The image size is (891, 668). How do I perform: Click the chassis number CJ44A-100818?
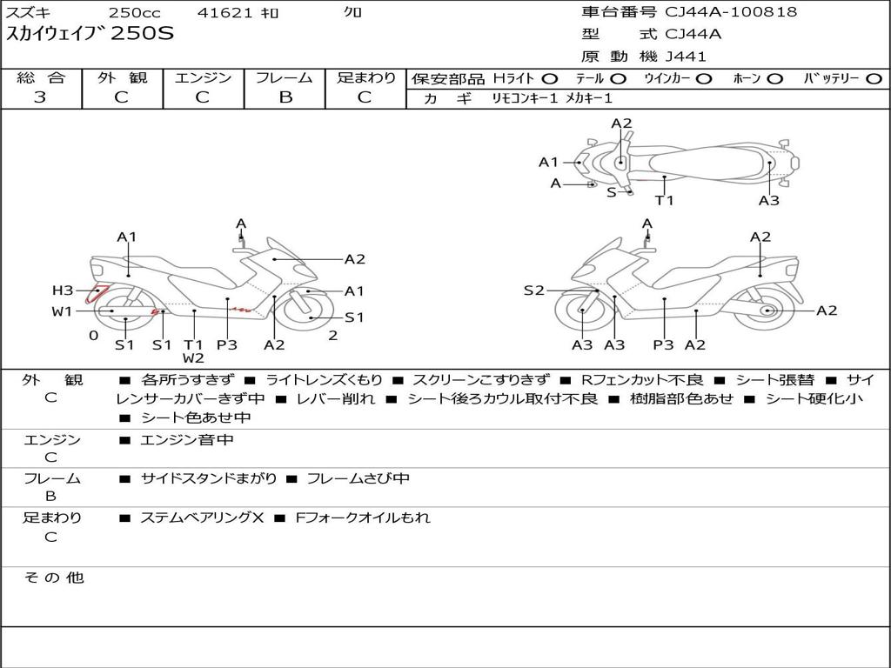(x=731, y=11)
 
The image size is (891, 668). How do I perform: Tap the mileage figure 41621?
(x=224, y=12)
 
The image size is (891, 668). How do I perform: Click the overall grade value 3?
(x=40, y=97)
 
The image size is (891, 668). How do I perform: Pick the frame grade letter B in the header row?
(x=285, y=97)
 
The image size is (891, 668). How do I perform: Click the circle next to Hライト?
(x=550, y=79)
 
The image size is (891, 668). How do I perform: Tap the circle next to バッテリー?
(x=874, y=79)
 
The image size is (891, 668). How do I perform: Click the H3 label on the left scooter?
(x=63, y=291)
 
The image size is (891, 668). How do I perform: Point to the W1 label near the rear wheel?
(x=62, y=311)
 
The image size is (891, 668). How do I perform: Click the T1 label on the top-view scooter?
(x=664, y=200)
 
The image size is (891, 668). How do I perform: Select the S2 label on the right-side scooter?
(x=533, y=291)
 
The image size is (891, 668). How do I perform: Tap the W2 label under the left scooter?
(x=193, y=357)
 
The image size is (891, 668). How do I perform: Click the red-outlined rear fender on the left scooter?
(x=96, y=294)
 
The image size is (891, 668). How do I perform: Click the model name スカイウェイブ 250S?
(x=90, y=34)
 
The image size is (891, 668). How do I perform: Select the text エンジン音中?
(x=186, y=439)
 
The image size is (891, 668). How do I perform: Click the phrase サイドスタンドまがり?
(x=209, y=478)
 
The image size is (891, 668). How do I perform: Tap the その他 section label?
(x=54, y=578)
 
